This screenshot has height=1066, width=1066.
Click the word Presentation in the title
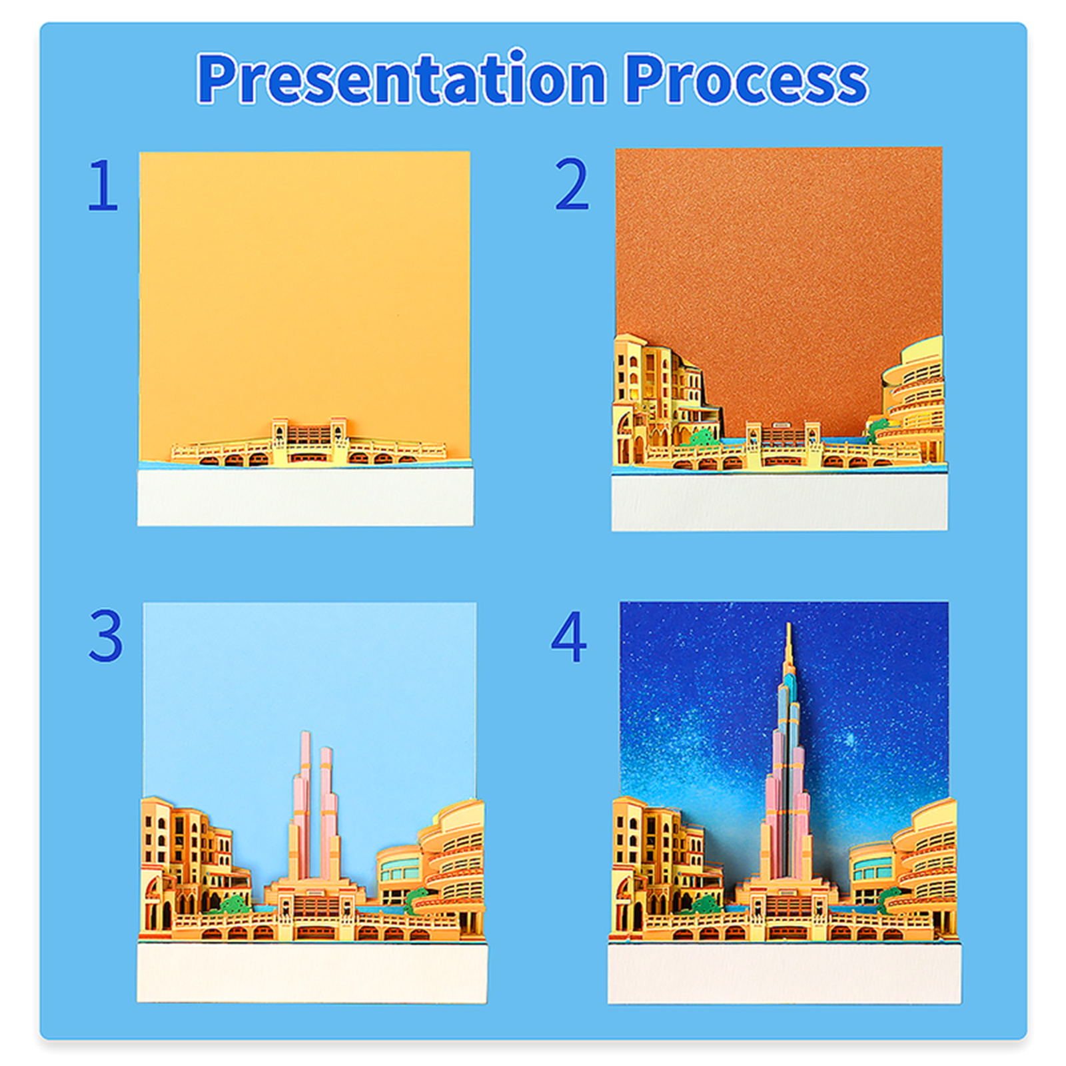tap(401, 78)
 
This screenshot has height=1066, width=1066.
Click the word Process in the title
tap(746, 79)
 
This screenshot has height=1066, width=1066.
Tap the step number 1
tap(103, 185)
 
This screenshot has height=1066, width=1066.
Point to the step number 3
tap(105, 636)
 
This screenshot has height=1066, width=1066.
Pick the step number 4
tap(569, 636)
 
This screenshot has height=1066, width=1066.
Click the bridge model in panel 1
tap(308, 443)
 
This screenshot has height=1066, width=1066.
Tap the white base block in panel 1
tap(305, 497)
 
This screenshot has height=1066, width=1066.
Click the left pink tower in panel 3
tap(300, 806)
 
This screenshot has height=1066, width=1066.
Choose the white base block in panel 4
tap(784, 972)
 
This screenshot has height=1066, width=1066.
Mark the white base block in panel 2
tap(780, 502)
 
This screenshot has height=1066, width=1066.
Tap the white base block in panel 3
tap(312, 972)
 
